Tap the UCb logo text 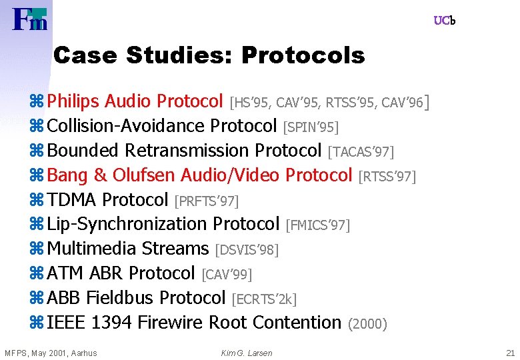point(444,21)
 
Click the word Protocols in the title point(303,56)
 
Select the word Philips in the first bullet point(73,101)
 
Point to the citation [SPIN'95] point(311,127)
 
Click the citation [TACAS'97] point(361,152)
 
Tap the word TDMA point(73,200)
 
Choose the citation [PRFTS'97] point(206,201)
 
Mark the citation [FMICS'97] point(317,225)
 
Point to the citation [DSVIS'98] point(247,250)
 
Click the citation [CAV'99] point(227,274)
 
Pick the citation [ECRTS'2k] point(263,299)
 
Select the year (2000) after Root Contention point(367,324)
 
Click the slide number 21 point(510,353)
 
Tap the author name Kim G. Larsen point(246,353)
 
